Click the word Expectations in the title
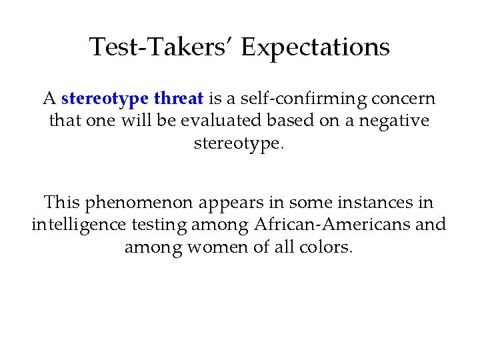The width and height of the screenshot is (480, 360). [315, 47]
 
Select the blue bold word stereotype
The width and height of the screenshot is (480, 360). [105, 99]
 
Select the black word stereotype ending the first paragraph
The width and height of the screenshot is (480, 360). [238, 144]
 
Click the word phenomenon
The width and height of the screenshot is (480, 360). [136, 201]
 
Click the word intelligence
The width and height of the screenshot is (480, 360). [76, 225]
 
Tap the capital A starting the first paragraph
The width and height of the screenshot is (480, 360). [49, 99]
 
